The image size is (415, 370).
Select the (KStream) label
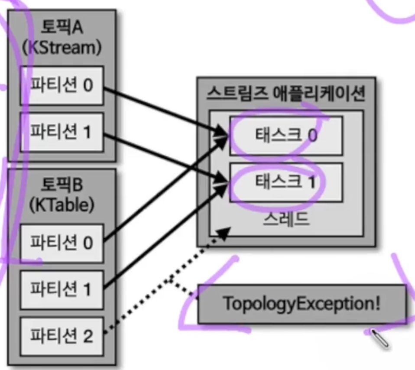tap(62, 48)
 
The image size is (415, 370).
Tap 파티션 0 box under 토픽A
tap(62, 85)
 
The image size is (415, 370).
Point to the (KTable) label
tap(62, 205)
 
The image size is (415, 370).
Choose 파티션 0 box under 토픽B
tap(62, 243)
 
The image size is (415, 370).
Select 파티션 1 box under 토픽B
tap(62, 289)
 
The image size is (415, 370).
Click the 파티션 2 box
tap(62, 336)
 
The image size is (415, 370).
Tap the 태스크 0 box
tap(286, 136)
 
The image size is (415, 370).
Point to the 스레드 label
tap(286, 219)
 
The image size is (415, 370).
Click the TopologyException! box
tap(302, 304)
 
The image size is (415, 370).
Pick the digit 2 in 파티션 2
tap(88, 336)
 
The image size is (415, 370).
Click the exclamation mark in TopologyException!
tap(377, 303)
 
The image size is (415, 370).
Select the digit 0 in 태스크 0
tap(312, 136)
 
